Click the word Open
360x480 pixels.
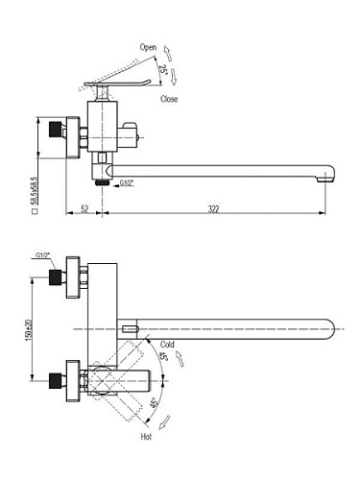pos(148,47)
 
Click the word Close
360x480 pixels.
pos(169,99)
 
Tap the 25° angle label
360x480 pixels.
pos(163,69)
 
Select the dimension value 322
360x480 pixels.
pos(213,209)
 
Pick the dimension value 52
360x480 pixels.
pos(84,209)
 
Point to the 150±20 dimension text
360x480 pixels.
pos(29,329)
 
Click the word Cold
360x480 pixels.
pos(167,345)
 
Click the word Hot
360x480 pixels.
pos(146,437)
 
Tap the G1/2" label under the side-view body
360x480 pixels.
pos(127,183)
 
